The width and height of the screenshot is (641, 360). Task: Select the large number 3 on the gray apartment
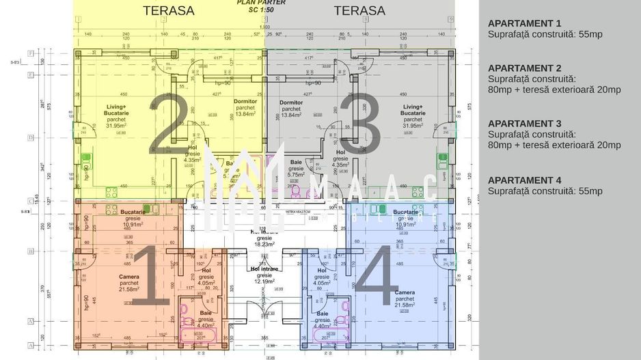(361, 122)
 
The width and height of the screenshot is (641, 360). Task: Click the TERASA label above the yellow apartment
(168, 11)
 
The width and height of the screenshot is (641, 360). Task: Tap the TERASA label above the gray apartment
(359, 11)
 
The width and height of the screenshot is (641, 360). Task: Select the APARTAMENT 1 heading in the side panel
(525, 23)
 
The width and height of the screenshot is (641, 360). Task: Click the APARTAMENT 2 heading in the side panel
(525, 68)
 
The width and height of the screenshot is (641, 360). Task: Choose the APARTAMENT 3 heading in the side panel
(525, 123)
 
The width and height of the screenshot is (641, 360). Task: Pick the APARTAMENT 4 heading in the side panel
(525, 180)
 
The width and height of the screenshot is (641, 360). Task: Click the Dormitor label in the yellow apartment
(245, 102)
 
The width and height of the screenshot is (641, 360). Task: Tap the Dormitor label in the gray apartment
(291, 102)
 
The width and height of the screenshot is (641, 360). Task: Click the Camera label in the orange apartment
(128, 277)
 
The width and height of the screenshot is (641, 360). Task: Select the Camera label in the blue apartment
(404, 293)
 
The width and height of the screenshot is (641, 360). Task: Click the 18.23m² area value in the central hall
(264, 244)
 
